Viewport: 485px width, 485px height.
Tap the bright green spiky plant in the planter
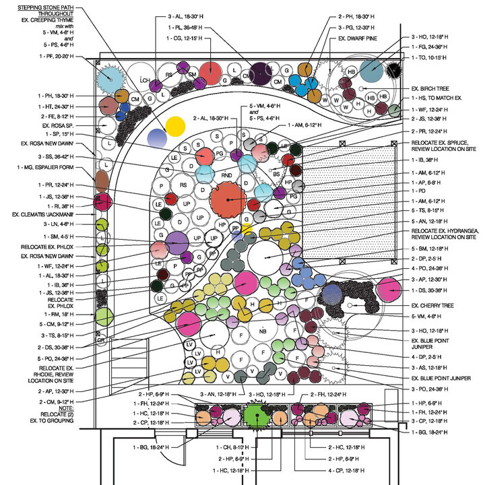256,416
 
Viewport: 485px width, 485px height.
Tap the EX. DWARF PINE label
360,38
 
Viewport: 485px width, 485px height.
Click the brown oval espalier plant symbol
102,181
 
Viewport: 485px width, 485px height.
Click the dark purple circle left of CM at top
260,73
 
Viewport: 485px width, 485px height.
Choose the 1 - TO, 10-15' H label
434,57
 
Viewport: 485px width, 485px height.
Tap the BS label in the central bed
276,174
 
